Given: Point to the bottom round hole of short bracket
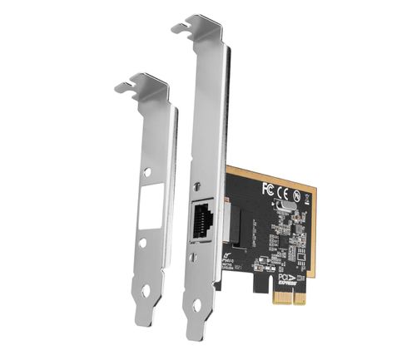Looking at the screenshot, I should [147, 289].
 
